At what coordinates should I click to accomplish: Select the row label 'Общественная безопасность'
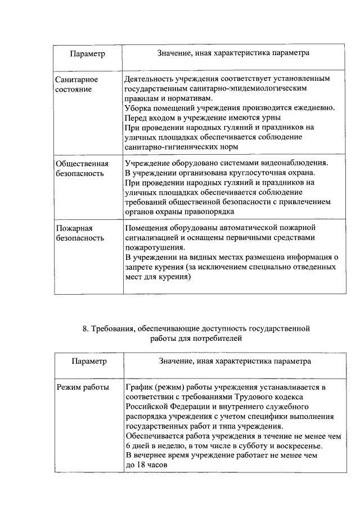(x=82, y=168)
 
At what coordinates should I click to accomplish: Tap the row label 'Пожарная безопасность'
(x=79, y=233)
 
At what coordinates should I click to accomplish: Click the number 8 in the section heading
(x=85, y=327)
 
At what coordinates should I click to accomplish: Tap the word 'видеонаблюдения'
(x=296, y=163)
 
